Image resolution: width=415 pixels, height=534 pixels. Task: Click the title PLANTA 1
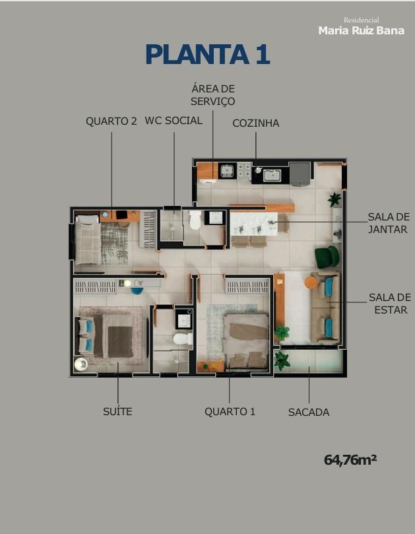click(208, 55)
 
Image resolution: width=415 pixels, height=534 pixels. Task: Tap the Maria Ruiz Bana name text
click(361, 30)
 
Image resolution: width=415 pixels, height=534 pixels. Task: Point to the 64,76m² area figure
click(350, 460)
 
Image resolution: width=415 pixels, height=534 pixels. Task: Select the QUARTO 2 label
click(111, 121)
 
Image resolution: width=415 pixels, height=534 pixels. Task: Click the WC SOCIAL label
click(174, 121)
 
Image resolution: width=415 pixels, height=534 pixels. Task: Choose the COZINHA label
click(256, 123)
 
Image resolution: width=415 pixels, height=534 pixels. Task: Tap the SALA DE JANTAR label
click(389, 223)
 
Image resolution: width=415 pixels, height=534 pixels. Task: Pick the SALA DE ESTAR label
click(390, 304)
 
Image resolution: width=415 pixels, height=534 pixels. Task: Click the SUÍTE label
click(117, 411)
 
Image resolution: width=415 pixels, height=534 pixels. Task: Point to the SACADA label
click(309, 412)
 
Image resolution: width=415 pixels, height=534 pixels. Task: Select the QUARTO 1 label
click(230, 411)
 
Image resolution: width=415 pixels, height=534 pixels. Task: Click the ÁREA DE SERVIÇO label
click(212, 95)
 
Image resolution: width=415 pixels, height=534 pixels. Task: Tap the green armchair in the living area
click(327, 257)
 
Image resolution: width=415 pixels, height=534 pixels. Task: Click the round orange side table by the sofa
click(311, 283)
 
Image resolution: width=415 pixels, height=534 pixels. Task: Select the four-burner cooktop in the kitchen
click(244, 171)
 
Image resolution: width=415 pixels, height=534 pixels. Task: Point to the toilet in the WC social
click(195, 220)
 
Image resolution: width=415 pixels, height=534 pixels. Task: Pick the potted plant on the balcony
click(282, 360)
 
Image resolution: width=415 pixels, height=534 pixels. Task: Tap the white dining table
click(253, 224)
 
